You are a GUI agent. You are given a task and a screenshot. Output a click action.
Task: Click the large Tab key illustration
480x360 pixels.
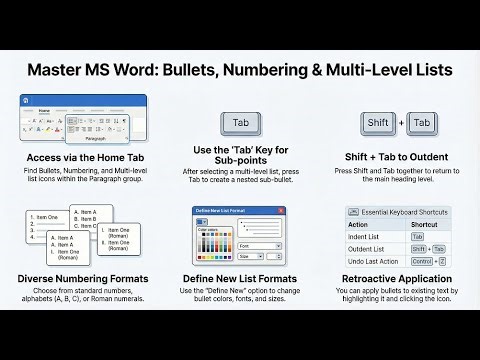tap(241, 123)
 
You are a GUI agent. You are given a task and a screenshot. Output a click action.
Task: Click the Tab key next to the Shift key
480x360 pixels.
tap(422, 123)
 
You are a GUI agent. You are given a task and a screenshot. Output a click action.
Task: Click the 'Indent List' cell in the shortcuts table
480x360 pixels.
tap(367, 236)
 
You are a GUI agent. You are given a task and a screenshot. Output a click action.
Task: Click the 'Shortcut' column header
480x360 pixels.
tap(431, 224)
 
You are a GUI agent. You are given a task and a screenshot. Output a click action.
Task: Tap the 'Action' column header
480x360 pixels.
tap(359, 224)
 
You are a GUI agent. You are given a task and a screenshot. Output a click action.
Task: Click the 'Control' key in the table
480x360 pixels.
tap(424, 260)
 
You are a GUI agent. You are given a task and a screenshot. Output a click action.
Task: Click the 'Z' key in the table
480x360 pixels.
tap(442, 260)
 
